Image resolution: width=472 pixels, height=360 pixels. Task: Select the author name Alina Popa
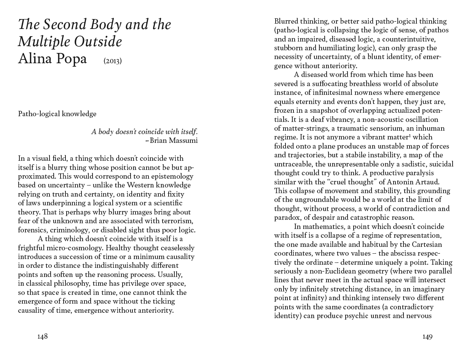click(x=53, y=59)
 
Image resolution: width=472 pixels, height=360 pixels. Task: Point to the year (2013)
click(x=113, y=61)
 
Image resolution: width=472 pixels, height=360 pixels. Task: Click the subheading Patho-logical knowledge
click(x=57, y=114)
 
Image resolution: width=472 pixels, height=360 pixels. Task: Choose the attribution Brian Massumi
click(x=174, y=141)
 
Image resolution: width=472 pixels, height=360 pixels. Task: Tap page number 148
click(x=42, y=336)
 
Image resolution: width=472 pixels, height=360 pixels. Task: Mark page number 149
click(x=427, y=336)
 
